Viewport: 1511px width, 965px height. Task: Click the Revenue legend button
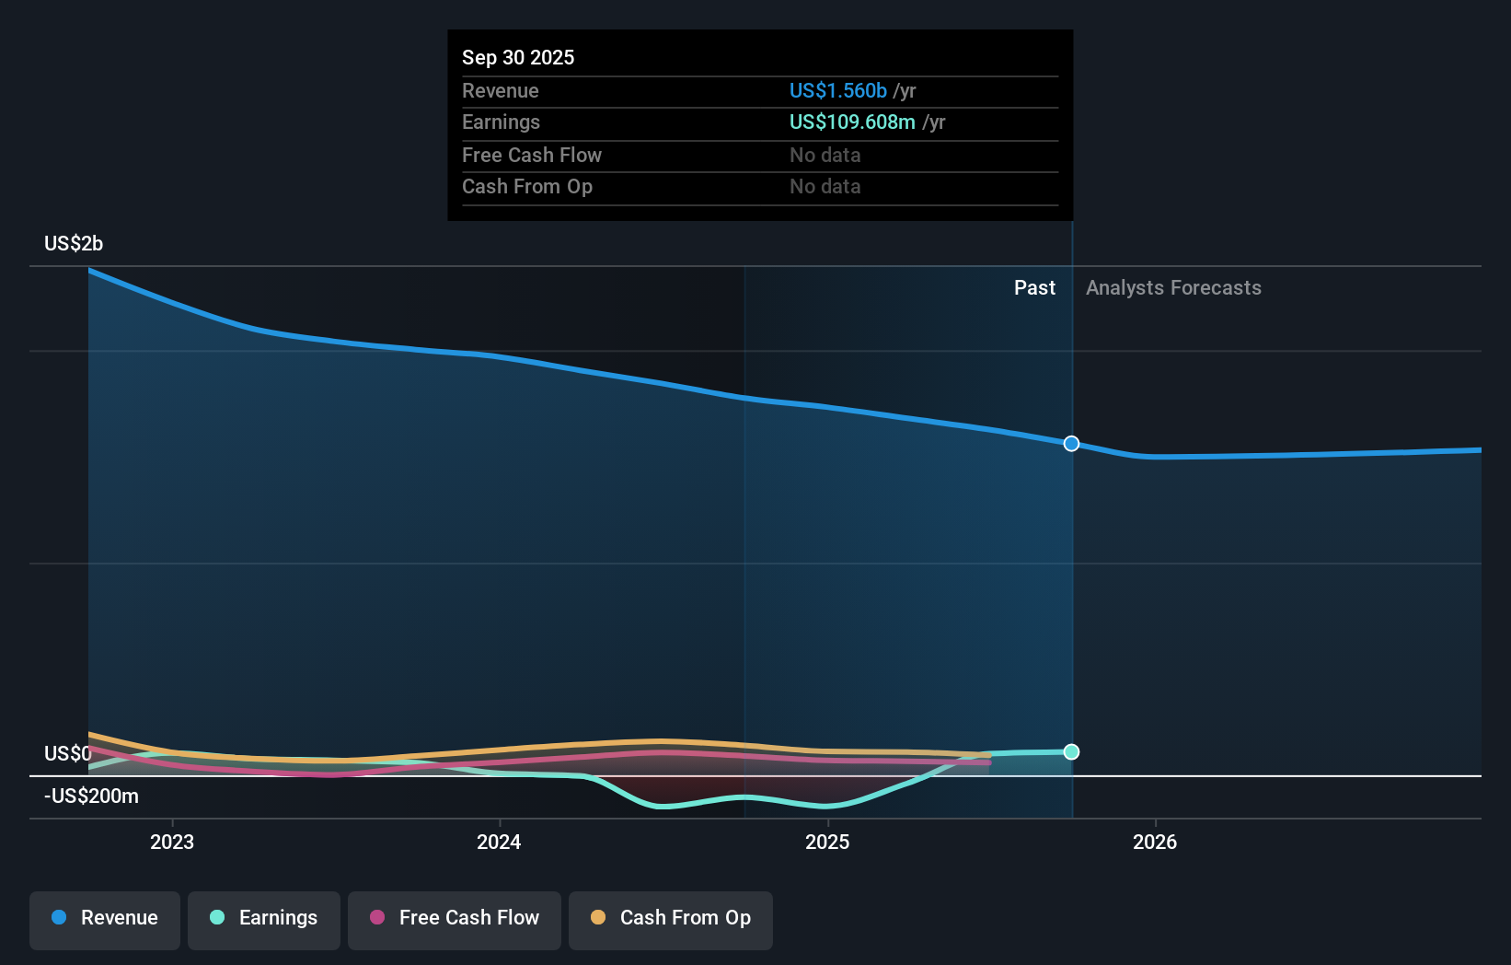(x=105, y=918)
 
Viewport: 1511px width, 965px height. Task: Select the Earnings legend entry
(x=264, y=918)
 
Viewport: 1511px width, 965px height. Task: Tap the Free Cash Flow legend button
(x=455, y=918)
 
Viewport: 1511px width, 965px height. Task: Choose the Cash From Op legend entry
(x=671, y=918)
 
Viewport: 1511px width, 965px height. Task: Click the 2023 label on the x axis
(x=172, y=842)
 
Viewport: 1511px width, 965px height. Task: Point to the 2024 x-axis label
(x=499, y=842)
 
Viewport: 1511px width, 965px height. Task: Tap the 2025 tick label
(x=827, y=842)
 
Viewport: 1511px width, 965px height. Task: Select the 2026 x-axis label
(x=1155, y=842)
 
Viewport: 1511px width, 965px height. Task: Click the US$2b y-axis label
(x=74, y=244)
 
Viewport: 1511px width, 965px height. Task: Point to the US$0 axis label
(x=68, y=754)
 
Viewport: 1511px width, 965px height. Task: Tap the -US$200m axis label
(x=92, y=796)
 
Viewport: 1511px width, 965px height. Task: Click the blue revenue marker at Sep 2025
(x=1071, y=444)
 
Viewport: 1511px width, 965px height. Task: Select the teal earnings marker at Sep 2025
(x=1071, y=752)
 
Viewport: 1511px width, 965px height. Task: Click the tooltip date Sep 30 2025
(x=518, y=57)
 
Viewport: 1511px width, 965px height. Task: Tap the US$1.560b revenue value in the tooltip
(x=837, y=90)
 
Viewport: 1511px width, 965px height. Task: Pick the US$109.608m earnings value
(x=852, y=122)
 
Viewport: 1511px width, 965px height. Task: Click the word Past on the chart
(x=1034, y=288)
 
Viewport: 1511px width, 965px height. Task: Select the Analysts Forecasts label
(x=1173, y=288)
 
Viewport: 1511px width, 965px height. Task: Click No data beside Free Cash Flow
(x=825, y=155)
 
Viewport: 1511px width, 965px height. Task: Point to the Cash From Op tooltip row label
(x=527, y=187)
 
